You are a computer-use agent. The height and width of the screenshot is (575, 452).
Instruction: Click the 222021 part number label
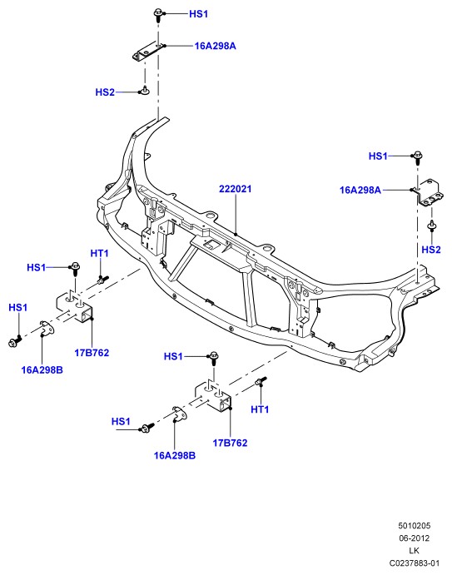[236, 189]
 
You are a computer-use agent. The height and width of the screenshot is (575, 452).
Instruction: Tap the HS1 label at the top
[198, 14]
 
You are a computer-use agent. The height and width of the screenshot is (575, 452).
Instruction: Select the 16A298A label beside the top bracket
[215, 46]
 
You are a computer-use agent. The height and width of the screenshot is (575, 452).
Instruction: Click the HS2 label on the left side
[105, 92]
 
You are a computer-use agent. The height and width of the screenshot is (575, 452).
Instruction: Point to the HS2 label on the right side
[430, 250]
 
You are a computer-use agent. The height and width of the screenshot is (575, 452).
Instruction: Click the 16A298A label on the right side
[360, 190]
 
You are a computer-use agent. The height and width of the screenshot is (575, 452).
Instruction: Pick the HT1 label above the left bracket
[99, 254]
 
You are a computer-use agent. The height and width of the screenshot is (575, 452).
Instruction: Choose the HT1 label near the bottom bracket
[260, 409]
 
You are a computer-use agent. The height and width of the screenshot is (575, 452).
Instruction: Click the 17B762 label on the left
[92, 353]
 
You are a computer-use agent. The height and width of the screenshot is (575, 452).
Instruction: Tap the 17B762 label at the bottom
[230, 443]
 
